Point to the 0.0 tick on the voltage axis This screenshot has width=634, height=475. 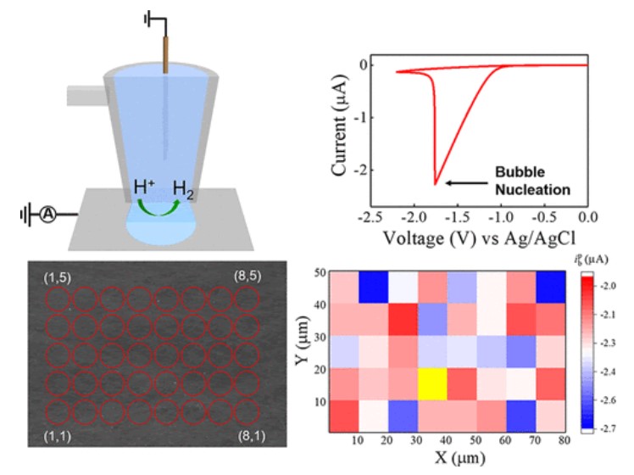click(588, 216)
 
